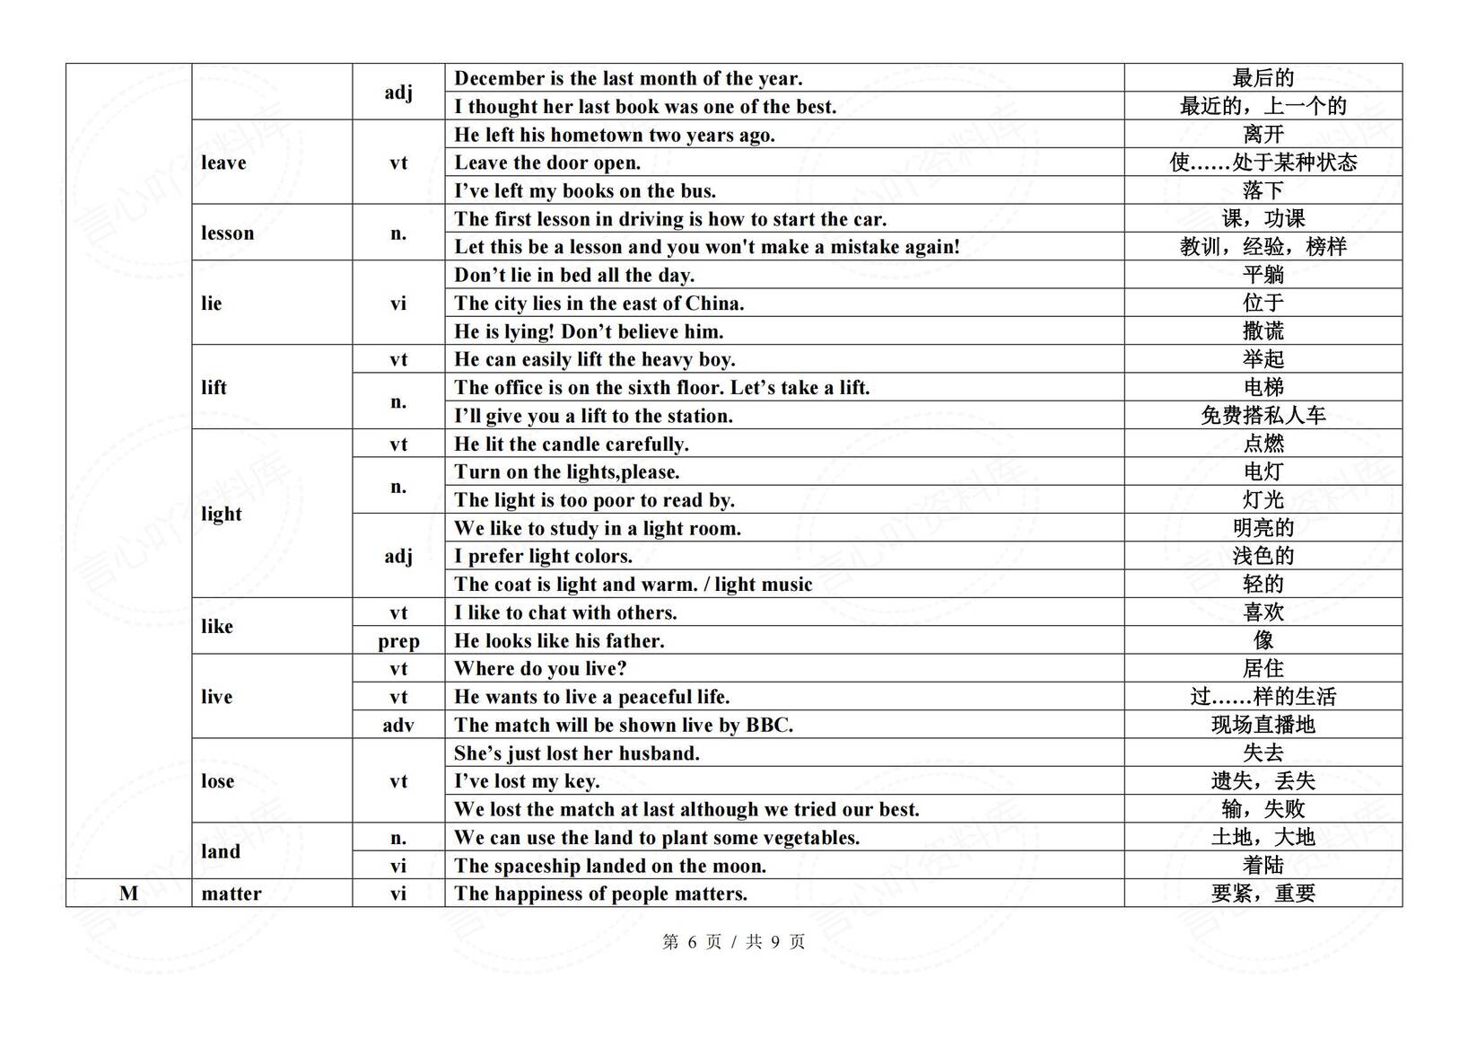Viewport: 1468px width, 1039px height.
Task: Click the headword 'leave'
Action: (223, 163)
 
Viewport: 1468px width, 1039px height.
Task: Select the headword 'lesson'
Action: (227, 233)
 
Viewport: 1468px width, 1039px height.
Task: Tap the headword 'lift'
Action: (214, 387)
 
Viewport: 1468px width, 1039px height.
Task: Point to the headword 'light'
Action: (222, 514)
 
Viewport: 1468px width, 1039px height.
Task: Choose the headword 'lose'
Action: (217, 780)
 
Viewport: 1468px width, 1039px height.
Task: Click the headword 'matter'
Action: (232, 894)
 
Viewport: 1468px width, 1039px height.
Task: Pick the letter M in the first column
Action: (129, 894)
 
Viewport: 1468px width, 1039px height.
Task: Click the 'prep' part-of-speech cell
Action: (398, 640)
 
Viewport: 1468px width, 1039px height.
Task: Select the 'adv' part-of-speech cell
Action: (398, 725)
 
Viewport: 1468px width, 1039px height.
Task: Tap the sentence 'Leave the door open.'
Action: (547, 163)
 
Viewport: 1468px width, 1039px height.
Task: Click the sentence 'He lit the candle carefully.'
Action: (571, 444)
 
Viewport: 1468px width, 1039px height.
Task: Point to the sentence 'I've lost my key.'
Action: (527, 780)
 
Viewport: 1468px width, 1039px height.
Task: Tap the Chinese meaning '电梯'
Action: (1263, 387)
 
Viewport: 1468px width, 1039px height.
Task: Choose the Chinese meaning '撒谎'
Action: (1263, 331)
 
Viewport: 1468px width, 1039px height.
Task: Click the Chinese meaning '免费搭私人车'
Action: (1263, 415)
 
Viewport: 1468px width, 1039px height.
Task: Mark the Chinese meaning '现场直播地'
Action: (1263, 725)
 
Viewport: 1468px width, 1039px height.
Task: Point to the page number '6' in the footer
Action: (692, 942)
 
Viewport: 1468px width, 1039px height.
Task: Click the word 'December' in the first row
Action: (499, 78)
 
